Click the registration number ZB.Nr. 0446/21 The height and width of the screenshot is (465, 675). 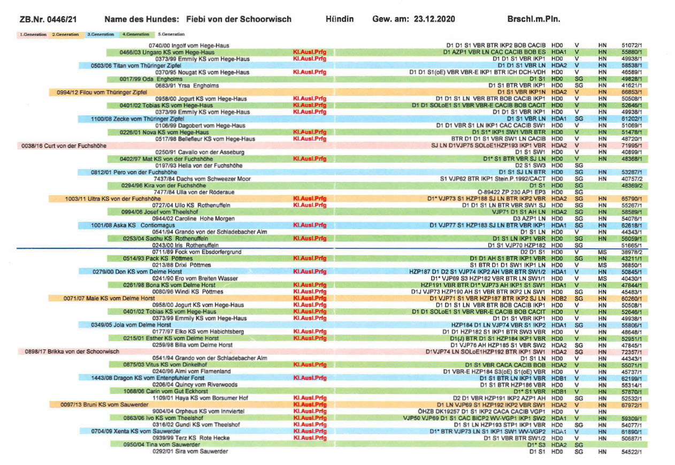48,19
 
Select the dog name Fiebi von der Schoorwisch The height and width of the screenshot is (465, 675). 239,19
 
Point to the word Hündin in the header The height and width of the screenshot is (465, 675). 339,19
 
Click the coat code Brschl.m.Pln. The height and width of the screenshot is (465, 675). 533,19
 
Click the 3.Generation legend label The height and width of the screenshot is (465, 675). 100,34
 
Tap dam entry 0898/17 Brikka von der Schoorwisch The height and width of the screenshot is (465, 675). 72,352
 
